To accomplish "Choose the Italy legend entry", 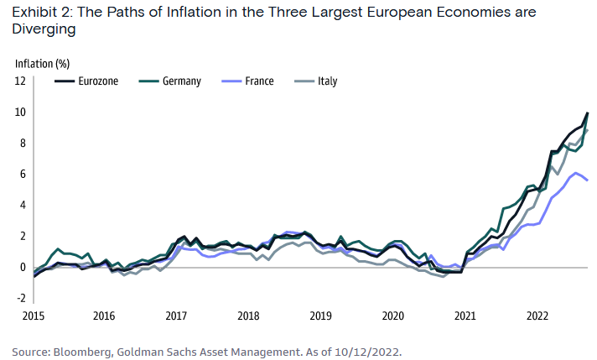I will click(x=328, y=81).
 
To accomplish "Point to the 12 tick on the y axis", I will click(x=20, y=81).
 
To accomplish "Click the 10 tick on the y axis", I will click(x=20, y=112).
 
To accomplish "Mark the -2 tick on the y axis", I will click(x=21, y=298).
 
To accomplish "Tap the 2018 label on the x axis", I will click(x=248, y=316).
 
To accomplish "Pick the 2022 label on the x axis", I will click(x=537, y=316).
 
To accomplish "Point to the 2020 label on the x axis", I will click(x=393, y=316).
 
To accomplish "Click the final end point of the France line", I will click(x=587, y=180).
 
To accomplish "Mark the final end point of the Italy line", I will click(x=587, y=130).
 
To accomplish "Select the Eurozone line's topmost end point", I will click(x=587, y=112).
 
